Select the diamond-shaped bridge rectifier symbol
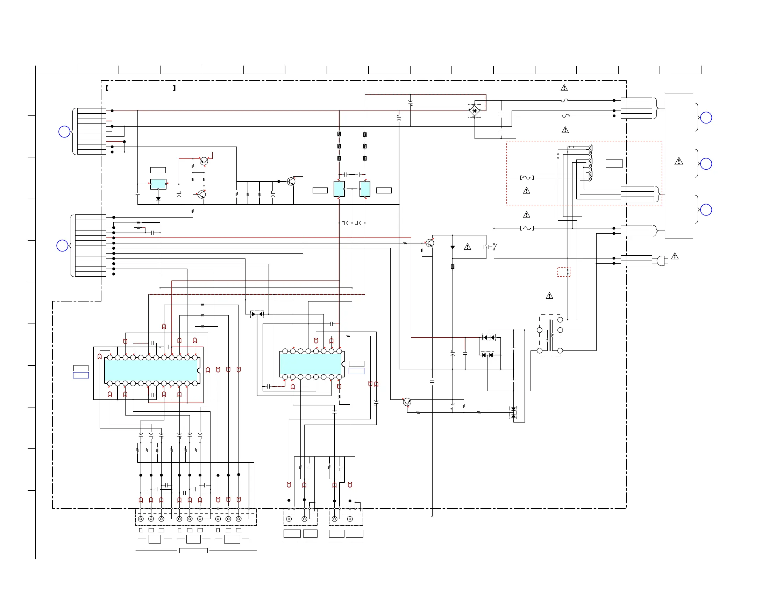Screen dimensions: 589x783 click(x=474, y=111)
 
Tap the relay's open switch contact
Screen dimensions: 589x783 click(x=494, y=247)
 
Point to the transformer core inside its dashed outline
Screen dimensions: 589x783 click(x=550, y=335)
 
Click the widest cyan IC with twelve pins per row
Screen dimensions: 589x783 click(x=151, y=370)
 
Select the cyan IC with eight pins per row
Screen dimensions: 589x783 click(x=311, y=364)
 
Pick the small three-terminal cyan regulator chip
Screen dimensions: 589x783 click(x=158, y=184)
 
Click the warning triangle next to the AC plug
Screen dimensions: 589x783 click(x=675, y=256)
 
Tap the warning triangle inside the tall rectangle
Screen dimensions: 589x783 click(x=678, y=161)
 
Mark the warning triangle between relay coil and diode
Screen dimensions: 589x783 click(x=467, y=247)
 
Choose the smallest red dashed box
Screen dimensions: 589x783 click(x=563, y=272)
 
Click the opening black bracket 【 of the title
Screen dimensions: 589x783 click(x=107, y=88)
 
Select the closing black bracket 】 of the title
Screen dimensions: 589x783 click(x=174, y=88)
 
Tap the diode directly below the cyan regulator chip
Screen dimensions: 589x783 click(x=158, y=199)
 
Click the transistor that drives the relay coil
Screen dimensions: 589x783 click(x=430, y=243)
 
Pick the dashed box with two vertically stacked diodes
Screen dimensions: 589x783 click(x=513, y=412)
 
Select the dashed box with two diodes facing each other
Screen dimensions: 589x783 click(x=257, y=314)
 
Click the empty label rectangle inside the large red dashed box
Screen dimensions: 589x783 click(x=614, y=163)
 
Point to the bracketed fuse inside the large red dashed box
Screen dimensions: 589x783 click(x=527, y=178)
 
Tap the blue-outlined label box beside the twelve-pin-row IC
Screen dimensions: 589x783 click(x=81, y=375)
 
